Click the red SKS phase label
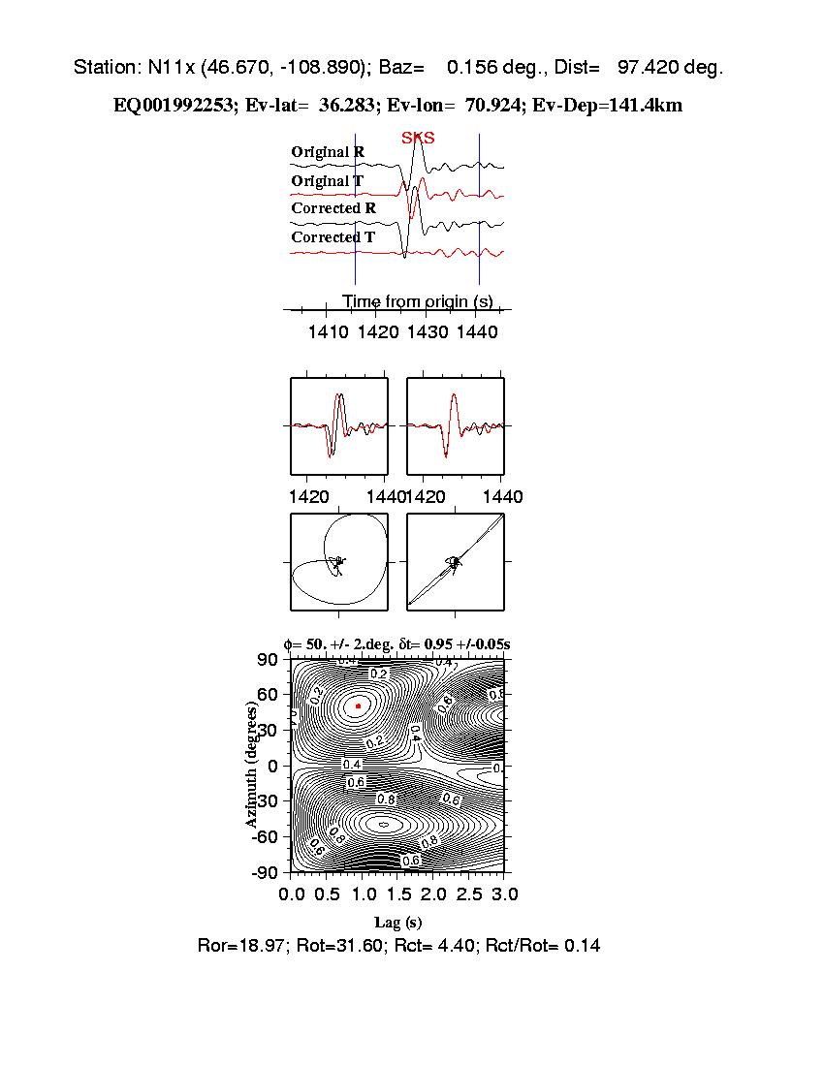(x=418, y=139)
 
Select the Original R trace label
(x=328, y=152)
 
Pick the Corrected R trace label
(x=333, y=208)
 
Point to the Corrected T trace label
(x=333, y=237)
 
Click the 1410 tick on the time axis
(x=328, y=332)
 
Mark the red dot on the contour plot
(x=359, y=706)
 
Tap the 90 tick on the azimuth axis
(x=268, y=660)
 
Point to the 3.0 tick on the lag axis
(x=505, y=893)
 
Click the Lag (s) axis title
(x=397, y=923)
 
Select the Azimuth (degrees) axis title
(x=252, y=766)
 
